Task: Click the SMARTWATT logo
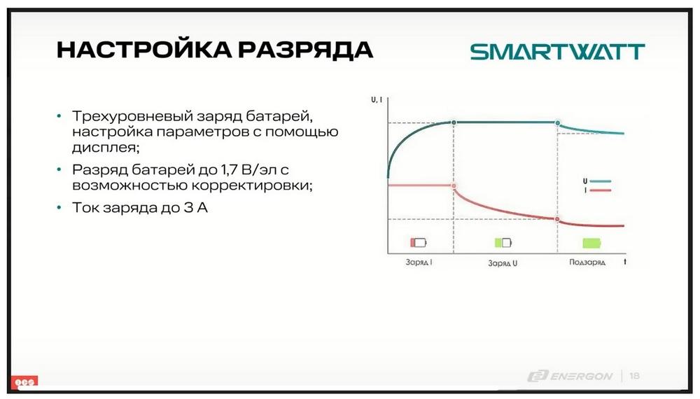click(x=558, y=52)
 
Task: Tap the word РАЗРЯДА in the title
click(x=305, y=49)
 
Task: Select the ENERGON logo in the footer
click(x=570, y=376)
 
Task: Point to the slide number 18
click(x=634, y=376)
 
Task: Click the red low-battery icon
click(x=419, y=242)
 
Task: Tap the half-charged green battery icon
click(x=503, y=242)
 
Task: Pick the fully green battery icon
click(x=592, y=243)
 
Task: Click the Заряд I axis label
click(x=419, y=262)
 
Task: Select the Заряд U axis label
click(x=503, y=263)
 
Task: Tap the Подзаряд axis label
click(x=587, y=262)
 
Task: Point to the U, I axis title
click(x=377, y=100)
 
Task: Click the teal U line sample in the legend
click(x=600, y=181)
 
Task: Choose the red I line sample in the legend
click(x=600, y=190)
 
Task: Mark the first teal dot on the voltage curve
click(x=454, y=122)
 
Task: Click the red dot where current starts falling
click(x=454, y=185)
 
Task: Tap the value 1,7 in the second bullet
click(x=229, y=169)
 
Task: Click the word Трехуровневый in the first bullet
click(x=132, y=116)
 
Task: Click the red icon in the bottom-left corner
click(x=24, y=382)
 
